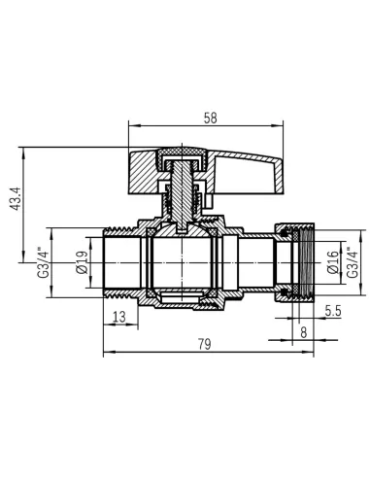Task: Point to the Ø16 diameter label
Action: (332, 262)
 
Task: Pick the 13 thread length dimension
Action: (118, 317)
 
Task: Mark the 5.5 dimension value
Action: (333, 311)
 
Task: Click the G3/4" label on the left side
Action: (42, 261)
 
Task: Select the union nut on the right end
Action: (295, 261)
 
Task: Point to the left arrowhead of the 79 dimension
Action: (106, 352)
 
